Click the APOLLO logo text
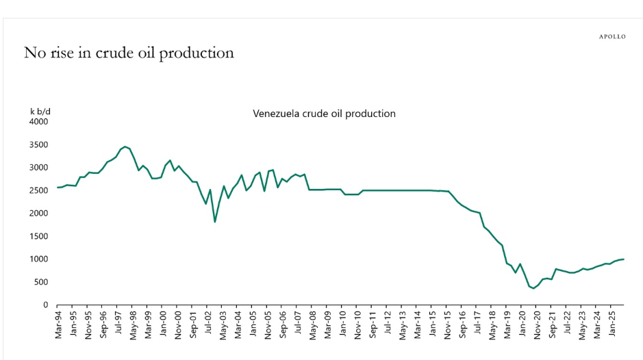612,37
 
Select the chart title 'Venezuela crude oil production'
324,114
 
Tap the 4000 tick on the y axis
38,122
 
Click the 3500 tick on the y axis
38,145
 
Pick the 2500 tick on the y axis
38,191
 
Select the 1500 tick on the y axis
38,237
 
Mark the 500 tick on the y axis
40,283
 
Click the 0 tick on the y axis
45,305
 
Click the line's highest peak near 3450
125,146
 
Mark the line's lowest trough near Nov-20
533,288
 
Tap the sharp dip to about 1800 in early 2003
215,222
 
